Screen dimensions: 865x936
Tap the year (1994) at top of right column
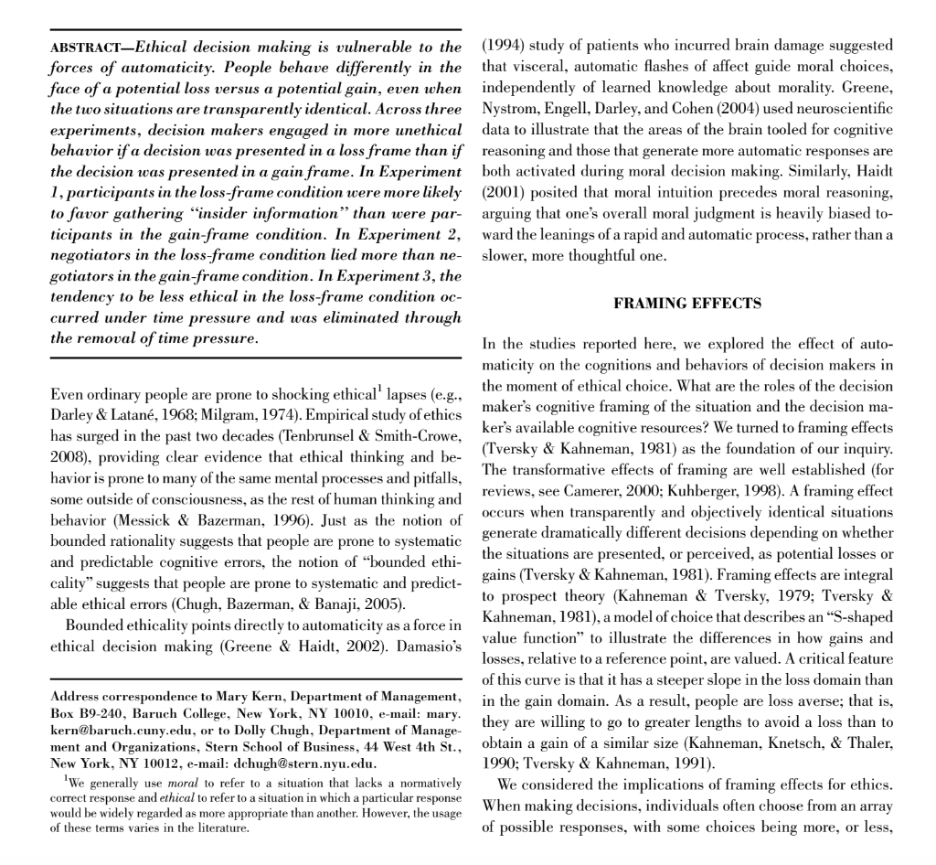[501, 47]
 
